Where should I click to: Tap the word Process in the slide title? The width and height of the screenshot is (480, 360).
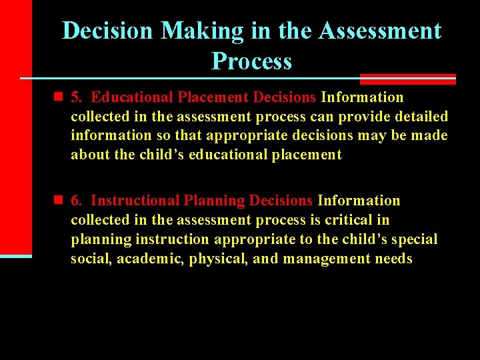(251, 61)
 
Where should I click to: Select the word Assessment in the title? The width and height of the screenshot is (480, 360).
(379, 31)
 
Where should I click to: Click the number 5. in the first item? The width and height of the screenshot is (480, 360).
(77, 97)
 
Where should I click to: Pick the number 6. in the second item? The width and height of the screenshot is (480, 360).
(77, 200)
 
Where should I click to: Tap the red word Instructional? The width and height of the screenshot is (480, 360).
(135, 200)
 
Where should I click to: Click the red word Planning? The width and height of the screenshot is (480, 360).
(213, 200)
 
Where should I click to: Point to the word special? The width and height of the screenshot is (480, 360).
(414, 239)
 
